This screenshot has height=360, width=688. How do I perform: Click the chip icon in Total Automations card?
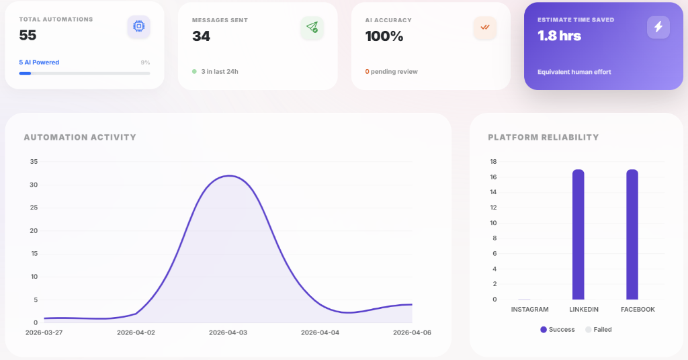tap(138, 26)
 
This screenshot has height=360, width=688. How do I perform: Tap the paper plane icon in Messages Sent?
tap(312, 27)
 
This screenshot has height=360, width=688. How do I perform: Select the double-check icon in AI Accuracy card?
tap(484, 27)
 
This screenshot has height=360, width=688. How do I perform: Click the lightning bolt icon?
tap(658, 27)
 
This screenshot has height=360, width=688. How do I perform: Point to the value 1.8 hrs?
tap(559, 36)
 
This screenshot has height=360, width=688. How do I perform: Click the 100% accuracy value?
tap(384, 36)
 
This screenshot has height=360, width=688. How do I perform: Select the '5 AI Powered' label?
tap(39, 62)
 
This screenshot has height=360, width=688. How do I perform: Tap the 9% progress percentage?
tap(145, 62)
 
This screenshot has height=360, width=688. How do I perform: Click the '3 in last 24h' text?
tap(219, 71)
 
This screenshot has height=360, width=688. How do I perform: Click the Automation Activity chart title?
tap(80, 138)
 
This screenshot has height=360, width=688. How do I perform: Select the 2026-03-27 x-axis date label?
tap(45, 332)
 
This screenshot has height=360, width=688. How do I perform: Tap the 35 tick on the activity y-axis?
tap(34, 162)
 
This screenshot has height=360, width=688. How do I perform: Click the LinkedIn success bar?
tap(578, 235)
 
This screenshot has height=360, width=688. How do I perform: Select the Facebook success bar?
tap(632, 235)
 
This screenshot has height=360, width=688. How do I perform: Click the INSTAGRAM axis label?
tap(529, 310)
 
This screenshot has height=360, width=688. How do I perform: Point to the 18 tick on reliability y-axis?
tap(493, 162)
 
